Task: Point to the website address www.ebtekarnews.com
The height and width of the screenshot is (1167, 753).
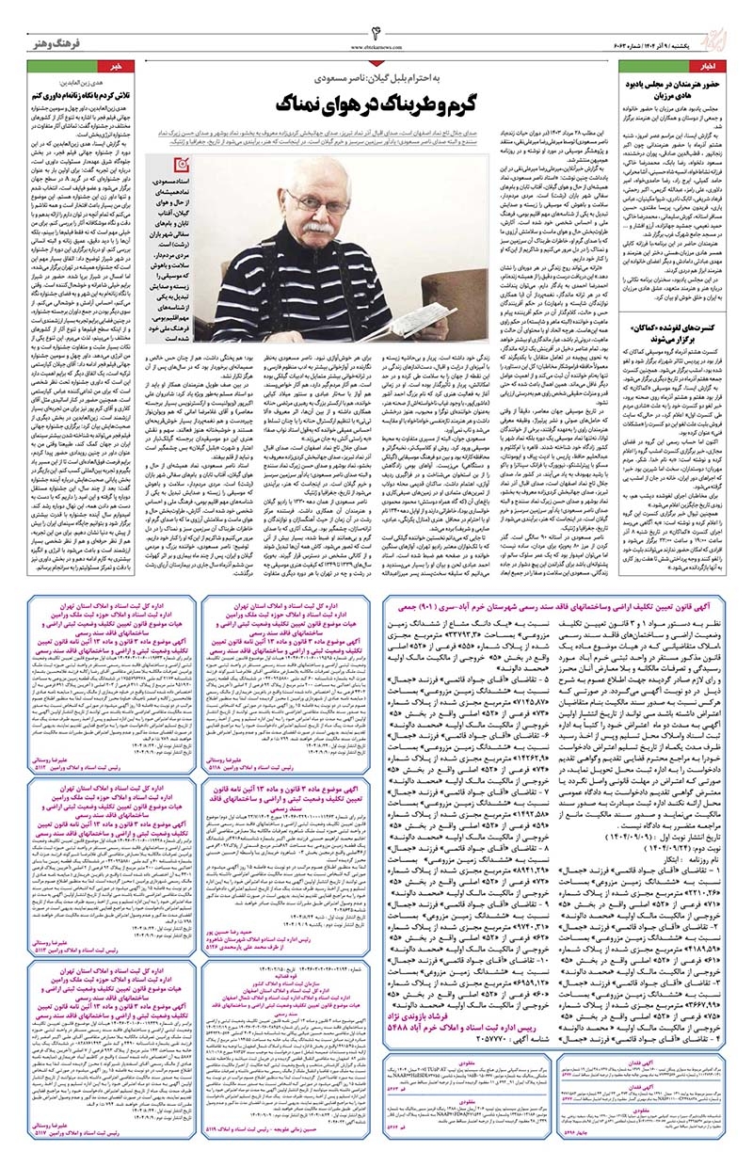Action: pyautogui.click(x=376, y=40)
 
